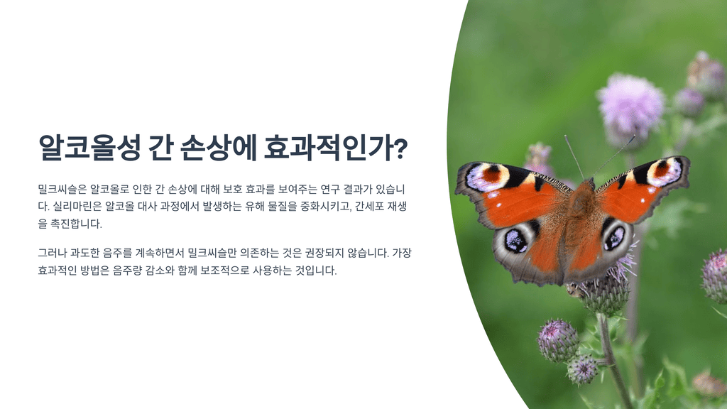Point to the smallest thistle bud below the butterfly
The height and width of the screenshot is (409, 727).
[x=583, y=369]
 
